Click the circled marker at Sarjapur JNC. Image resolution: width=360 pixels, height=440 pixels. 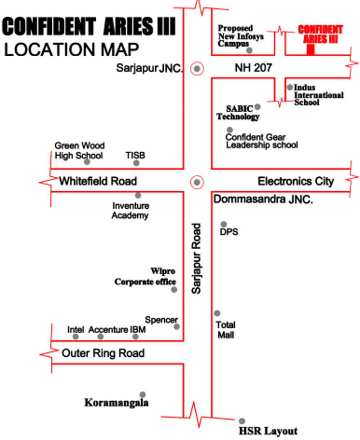[197, 68]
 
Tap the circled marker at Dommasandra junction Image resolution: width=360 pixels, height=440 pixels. [197, 182]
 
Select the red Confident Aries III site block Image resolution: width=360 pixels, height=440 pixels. [310, 49]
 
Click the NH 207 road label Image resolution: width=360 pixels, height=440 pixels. [253, 67]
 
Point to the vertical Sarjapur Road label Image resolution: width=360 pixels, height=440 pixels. [196, 258]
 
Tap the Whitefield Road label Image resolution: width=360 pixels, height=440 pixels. [98, 181]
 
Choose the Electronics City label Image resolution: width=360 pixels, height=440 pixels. [296, 181]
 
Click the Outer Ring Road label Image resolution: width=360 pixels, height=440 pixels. [103, 353]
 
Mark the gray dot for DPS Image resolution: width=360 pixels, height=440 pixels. [224, 224]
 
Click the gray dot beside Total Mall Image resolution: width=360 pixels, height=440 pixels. [217, 313]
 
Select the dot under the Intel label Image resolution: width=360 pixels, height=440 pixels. [76, 337]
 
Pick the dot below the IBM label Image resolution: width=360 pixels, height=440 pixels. [135, 337]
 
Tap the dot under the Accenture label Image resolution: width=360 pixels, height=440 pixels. [100, 337]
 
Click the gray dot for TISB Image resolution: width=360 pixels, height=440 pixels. [136, 163]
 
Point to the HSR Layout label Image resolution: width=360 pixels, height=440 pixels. [268, 431]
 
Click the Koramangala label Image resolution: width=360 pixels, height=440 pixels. [117, 403]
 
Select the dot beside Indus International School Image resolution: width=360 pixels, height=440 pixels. [290, 87]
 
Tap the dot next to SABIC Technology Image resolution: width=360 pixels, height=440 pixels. [257, 107]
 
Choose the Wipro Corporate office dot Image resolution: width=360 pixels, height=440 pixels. [174, 290]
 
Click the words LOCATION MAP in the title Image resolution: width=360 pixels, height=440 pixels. [72, 49]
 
